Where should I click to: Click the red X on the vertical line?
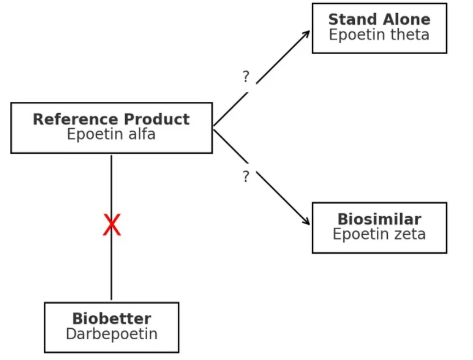click(112, 225)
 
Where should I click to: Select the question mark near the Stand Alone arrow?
click(246, 77)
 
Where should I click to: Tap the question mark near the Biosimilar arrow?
click(246, 177)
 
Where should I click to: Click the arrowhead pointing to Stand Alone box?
click(307, 33)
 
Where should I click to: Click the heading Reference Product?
click(111, 119)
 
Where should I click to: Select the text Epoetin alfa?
click(111, 134)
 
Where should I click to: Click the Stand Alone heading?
click(379, 20)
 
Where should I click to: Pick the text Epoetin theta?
click(379, 35)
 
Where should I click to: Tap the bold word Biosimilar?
click(379, 219)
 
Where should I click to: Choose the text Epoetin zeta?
click(379, 234)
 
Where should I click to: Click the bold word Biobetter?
click(112, 319)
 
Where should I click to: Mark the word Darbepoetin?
click(112, 334)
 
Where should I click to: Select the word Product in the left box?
click(157, 119)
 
